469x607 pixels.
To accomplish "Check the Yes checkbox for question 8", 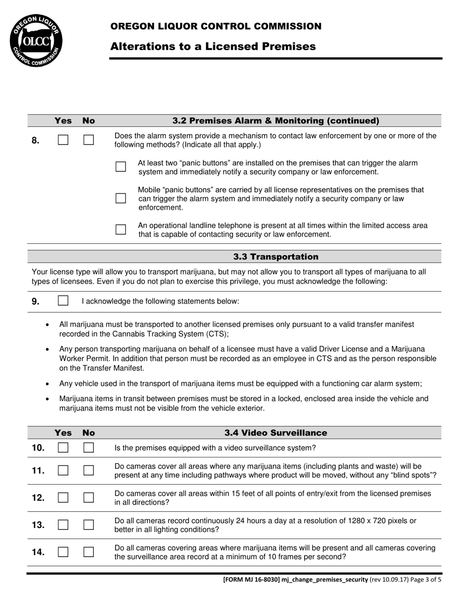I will point(63,140).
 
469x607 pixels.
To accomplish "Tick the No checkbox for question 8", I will point(88,140).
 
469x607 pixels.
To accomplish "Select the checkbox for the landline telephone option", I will point(120,229).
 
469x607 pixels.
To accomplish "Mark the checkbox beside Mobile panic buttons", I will point(120,198).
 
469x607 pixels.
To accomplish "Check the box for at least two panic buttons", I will point(120,167).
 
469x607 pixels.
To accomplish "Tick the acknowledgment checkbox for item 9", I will point(63,301).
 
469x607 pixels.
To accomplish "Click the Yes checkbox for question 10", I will point(63,448).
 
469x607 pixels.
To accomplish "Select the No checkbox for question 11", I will point(88,470).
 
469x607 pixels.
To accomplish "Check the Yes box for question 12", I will point(63,497).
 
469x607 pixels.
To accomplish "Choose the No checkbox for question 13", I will point(88,525).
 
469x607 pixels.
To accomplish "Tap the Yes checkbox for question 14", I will point(63,552).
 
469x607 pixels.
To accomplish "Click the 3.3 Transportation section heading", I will point(275,257).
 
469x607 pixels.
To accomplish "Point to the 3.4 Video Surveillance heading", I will point(275,433).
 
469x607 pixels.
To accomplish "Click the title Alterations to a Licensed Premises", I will point(213,46).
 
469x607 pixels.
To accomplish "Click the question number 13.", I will point(38,525).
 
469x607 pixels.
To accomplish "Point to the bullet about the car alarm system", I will point(240,383).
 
